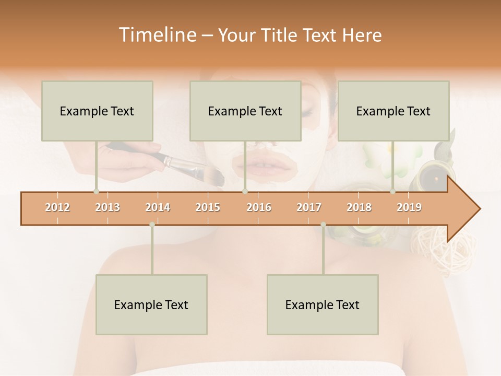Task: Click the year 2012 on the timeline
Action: click(57, 207)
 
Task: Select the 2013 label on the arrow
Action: click(108, 207)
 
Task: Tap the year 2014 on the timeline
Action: click(158, 207)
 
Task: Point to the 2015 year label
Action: click(208, 207)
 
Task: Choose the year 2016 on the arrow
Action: click(259, 207)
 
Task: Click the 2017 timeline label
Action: click(309, 207)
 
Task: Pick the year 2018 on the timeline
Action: click(359, 207)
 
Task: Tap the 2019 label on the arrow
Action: click(409, 207)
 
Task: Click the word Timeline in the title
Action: click(157, 35)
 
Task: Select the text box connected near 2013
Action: click(97, 111)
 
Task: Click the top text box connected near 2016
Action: click(245, 111)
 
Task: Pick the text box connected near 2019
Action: click(393, 111)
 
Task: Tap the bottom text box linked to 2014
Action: click(151, 304)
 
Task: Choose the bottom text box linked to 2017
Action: click(323, 304)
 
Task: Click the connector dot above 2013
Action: click(96, 192)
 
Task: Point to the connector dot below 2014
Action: click(152, 225)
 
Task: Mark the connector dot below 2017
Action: click(323, 225)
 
